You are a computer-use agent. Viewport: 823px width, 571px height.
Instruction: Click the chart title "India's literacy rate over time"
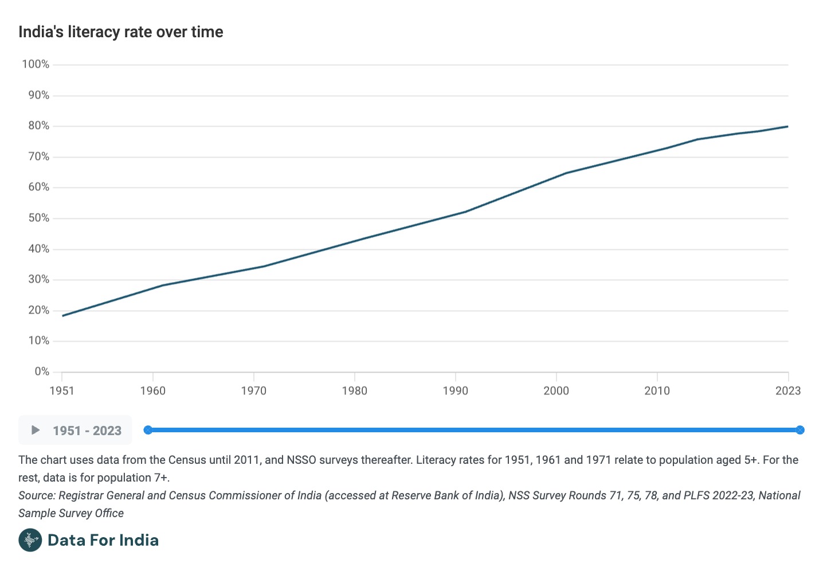pyautogui.click(x=120, y=32)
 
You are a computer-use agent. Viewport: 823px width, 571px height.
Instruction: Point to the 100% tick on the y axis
pyautogui.click(x=36, y=64)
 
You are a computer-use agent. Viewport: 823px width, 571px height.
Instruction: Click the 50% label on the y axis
pyautogui.click(x=38, y=218)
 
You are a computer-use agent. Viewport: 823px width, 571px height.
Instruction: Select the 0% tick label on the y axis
pyautogui.click(x=42, y=371)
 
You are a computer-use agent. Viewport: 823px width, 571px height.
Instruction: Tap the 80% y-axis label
pyautogui.click(x=38, y=126)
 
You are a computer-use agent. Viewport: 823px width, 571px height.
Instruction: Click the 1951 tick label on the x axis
pyautogui.click(x=62, y=391)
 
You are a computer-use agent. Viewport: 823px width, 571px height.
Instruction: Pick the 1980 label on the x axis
pyautogui.click(x=354, y=391)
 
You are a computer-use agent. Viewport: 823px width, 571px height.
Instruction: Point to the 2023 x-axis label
pyautogui.click(x=787, y=391)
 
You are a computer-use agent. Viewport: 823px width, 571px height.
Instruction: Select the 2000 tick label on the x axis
pyautogui.click(x=556, y=391)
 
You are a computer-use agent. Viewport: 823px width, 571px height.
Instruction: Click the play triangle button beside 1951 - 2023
pyautogui.click(x=36, y=430)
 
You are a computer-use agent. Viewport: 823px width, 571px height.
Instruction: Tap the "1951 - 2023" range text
pyautogui.click(x=87, y=431)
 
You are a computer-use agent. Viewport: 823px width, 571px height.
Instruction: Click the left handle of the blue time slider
pyautogui.click(x=148, y=430)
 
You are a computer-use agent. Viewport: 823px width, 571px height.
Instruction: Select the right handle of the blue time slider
pyautogui.click(x=800, y=430)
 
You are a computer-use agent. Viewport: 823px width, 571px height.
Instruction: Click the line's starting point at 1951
pyautogui.click(x=62, y=315)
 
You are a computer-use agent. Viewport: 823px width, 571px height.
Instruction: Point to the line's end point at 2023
pyautogui.click(x=787, y=126)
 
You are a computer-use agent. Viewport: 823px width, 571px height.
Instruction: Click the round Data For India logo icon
pyautogui.click(x=30, y=540)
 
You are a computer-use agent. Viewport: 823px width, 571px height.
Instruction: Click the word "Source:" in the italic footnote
pyautogui.click(x=37, y=495)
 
